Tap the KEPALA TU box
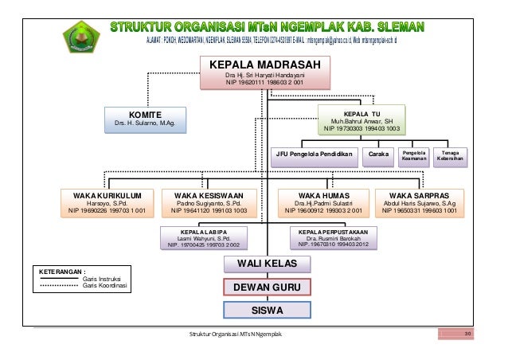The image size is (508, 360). [361, 119]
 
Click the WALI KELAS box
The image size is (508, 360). [266, 264]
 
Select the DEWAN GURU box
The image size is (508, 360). [266, 287]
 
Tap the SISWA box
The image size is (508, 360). [266, 309]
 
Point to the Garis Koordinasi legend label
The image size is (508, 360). [106, 286]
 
